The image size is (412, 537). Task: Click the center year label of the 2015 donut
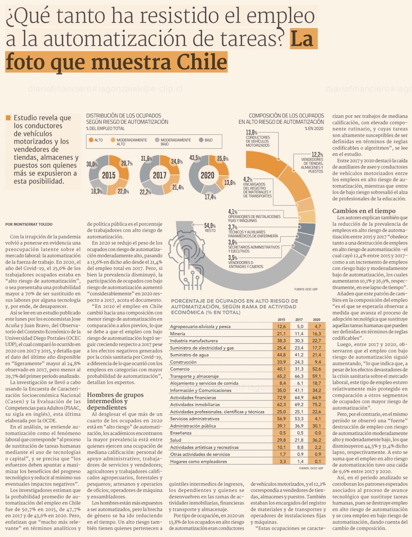[x=108, y=175]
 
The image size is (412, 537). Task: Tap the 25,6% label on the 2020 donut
[x=222, y=158]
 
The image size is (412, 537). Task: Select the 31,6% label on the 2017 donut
[x=146, y=159]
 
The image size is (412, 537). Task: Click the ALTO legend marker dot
[x=91, y=140]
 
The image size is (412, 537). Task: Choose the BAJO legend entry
[x=206, y=140]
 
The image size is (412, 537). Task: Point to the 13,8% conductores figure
[x=251, y=132]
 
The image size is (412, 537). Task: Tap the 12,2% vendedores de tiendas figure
[x=317, y=154]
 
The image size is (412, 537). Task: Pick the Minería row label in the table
[x=178, y=334]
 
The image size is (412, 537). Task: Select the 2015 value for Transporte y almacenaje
[x=281, y=376]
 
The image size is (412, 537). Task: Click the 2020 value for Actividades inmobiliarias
[x=316, y=405]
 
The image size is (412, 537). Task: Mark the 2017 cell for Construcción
[x=299, y=362]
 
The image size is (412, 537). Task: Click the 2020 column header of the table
[x=316, y=320]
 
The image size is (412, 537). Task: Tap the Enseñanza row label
[x=181, y=433]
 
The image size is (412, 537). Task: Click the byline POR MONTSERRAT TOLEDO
[x=29, y=224]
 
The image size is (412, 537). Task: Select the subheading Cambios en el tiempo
[x=364, y=211]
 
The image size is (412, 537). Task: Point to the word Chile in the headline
[x=202, y=63]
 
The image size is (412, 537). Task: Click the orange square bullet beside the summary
[x=8, y=118]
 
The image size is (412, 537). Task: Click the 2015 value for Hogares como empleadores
[x=282, y=462]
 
